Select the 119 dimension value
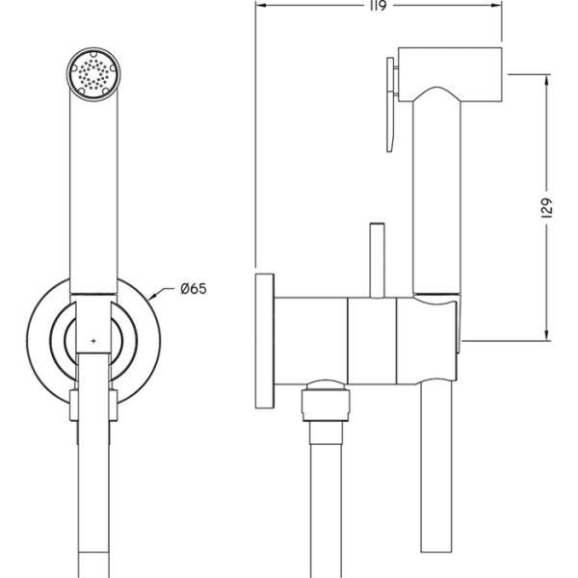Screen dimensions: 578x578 377,8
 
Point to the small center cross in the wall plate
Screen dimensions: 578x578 93,342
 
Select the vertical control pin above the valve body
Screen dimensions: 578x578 376,260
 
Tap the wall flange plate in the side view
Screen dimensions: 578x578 264,342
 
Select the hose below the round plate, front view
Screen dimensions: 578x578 93,482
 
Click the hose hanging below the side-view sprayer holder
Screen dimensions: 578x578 433,482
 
